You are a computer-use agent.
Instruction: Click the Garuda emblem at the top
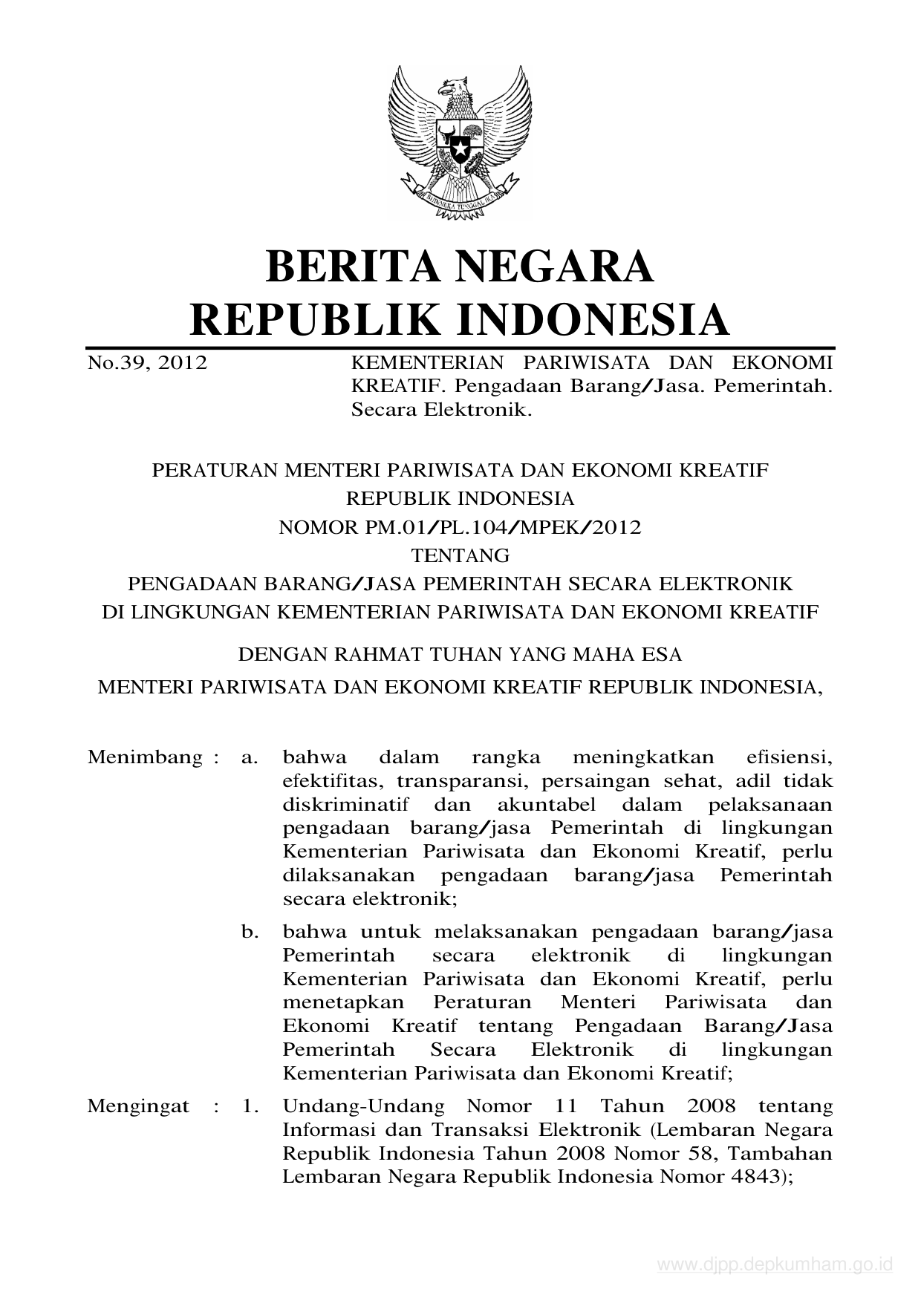pyautogui.click(x=460, y=143)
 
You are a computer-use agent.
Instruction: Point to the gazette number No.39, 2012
pyautogui.click(x=147, y=363)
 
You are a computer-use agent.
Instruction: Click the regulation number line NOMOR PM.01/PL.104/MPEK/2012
pyautogui.click(x=460, y=528)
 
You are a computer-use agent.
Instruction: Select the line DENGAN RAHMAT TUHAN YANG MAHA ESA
pyautogui.click(x=459, y=655)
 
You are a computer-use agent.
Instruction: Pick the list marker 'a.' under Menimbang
pyautogui.click(x=250, y=758)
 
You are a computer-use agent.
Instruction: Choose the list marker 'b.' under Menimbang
pyautogui.click(x=250, y=932)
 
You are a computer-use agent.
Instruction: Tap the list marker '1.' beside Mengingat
pyautogui.click(x=250, y=1106)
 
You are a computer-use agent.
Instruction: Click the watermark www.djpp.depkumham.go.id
pyautogui.click(x=775, y=1264)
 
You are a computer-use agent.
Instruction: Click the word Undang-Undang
pyautogui.click(x=363, y=1106)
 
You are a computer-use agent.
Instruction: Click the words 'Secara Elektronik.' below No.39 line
pyautogui.click(x=442, y=410)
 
